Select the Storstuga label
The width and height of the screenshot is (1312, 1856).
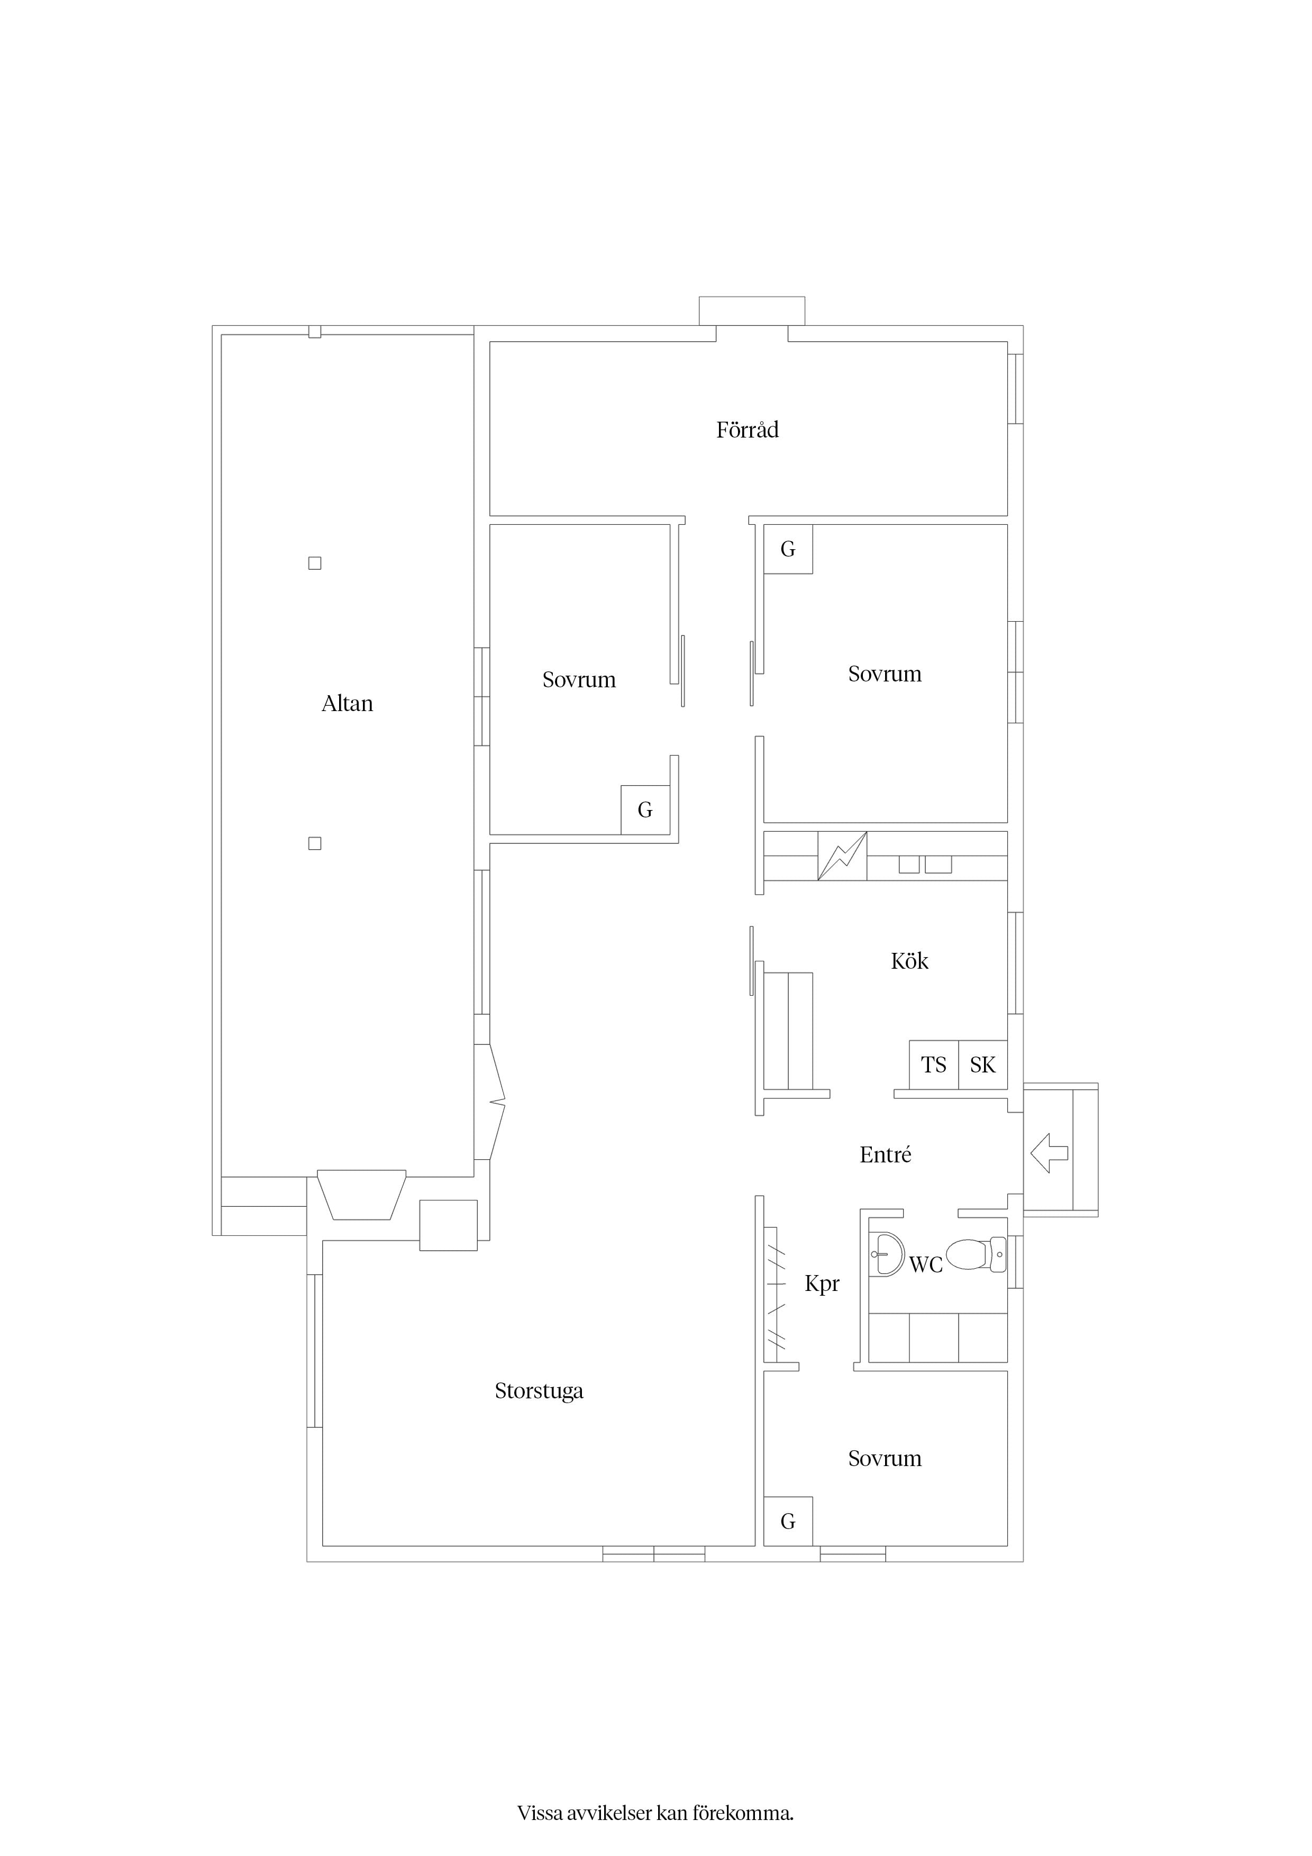click(539, 1391)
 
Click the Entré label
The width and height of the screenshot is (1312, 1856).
click(885, 1154)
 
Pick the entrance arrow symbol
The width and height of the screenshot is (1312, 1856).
click(1049, 1153)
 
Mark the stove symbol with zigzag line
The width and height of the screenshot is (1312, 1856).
click(842, 856)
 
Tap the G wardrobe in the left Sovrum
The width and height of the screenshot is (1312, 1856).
click(645, 810)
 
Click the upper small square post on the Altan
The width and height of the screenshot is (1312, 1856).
click(315, 563)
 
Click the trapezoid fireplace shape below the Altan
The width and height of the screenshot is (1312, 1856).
click(361, 1195)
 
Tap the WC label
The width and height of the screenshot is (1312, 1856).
click(926, 1265)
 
